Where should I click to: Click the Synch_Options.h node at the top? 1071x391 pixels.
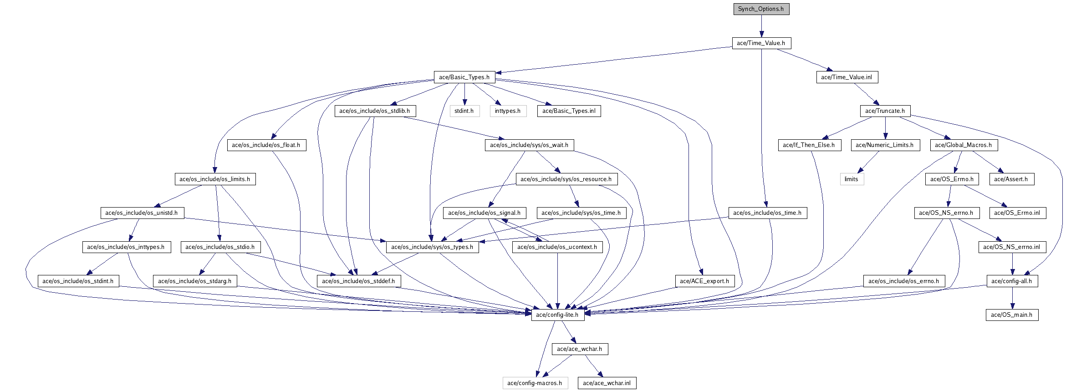[x=761, y=9]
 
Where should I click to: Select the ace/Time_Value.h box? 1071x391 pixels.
[x=761, y=43]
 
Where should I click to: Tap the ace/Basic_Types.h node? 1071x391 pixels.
[x=464, y=77]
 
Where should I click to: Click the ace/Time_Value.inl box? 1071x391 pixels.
[x=847, y=77]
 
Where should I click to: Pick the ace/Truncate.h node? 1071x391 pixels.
[x=885, y=111]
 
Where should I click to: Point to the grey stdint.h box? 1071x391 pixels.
[x=464, y=111]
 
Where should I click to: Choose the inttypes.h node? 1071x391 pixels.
[x=508, y=111]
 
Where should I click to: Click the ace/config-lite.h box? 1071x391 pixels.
[x=558, y=315]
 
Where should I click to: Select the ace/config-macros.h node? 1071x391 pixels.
[x=535, y=383]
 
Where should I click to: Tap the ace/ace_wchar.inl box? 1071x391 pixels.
[x=607, y=383]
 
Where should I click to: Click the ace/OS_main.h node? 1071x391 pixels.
[x=1012, y=315]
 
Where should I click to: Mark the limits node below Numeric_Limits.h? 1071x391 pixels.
[x=852, y=179]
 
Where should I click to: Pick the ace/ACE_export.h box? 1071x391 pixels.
[x=704, y=281]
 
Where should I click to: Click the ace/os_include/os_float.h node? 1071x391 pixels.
[x=266, y=145]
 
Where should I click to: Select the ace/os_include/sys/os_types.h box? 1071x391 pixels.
[x=433, y=247]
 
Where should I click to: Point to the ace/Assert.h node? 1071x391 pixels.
[x=1011, y=179]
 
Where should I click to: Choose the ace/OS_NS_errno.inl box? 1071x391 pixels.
[x=1012, y=247]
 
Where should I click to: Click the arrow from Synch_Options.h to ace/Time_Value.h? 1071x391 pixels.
[x=761, y=26]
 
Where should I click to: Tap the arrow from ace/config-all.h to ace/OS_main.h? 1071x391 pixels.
[x=1012, y=298]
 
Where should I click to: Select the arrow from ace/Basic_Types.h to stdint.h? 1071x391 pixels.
[x=464, y=94]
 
